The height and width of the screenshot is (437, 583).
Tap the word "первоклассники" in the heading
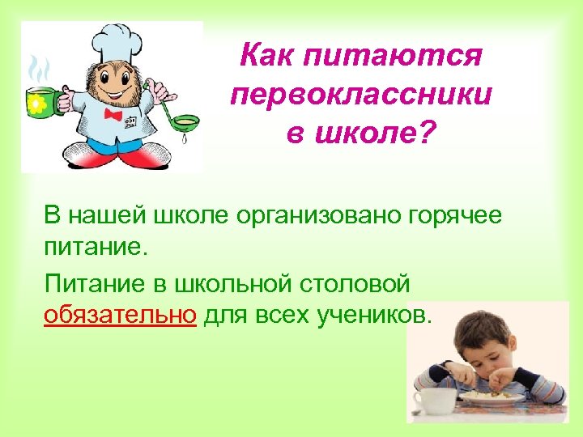pyautogui.click(x=360, y=95)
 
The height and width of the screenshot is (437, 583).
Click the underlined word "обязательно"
pyautogui.click(x=120, y=315)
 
